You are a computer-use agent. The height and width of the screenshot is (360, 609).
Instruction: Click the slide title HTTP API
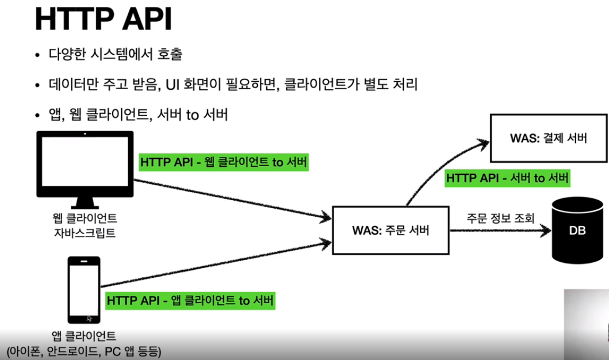[x=104, y=20]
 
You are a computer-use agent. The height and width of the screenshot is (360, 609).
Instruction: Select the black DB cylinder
[x=577, y=230]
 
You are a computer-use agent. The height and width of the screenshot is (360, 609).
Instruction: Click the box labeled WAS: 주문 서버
[x=391, y=231]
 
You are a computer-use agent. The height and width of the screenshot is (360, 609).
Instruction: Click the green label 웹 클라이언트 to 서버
[x=224, y=162]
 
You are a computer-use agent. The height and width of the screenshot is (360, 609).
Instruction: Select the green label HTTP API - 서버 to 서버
[x=507, y=178]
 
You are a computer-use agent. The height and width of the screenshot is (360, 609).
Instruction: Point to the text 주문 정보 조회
[x=501, y=219]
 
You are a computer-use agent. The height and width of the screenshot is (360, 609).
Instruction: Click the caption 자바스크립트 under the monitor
[x=85, y=233]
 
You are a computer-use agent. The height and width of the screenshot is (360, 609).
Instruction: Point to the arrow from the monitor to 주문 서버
[x=230, y=198]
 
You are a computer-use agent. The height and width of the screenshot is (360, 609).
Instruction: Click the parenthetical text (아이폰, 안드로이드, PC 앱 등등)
[x=83, y=350]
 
